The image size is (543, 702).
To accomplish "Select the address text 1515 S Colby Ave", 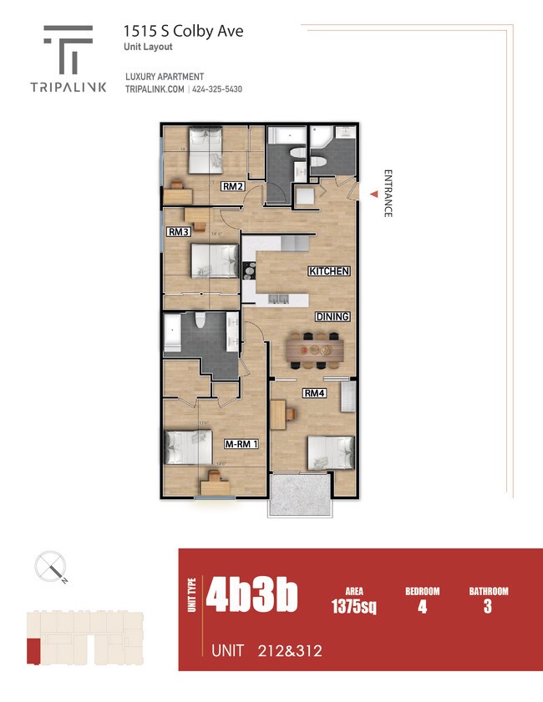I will pyautogui.click(x=184, y=31).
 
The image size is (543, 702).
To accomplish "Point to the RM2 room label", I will pyautogui.click(x=232, y=186).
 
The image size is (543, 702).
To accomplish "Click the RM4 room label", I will pyautogui.click(x=314, y=393).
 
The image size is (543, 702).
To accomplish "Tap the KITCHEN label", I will pyautogui.click(x=328, y=271).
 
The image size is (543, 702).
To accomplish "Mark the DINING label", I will pyautogui.click(x=332, y=316).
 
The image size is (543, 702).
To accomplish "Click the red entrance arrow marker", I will pyautogui.click(x=373, y=193).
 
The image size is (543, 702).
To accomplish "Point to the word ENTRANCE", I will pyautogui.click(x=388, y=193).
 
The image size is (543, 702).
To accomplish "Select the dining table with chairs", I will pyautogui.click(x=314, y=350).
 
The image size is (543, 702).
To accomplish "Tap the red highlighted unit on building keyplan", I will pyautogui.click(x=33, y=651).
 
